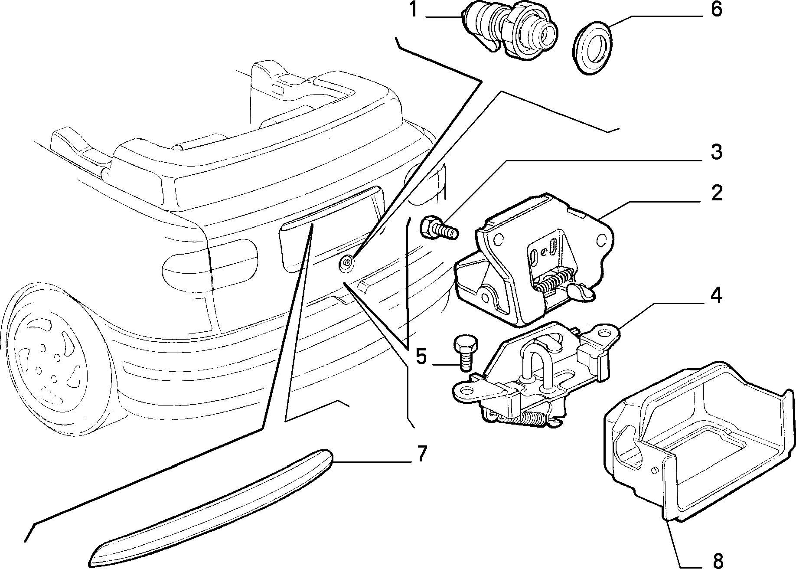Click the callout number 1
414,10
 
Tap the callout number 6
716,9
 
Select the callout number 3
716,152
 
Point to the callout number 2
716,193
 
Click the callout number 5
421,356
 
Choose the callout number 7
421,454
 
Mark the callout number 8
718,560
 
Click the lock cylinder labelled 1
510,30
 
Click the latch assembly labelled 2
533,260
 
